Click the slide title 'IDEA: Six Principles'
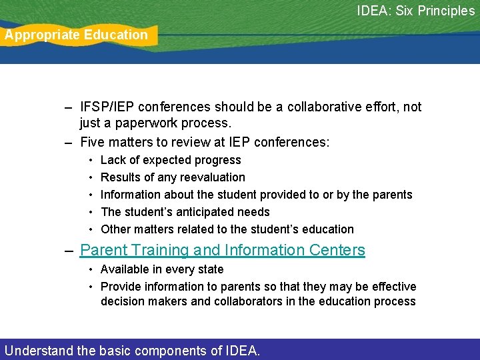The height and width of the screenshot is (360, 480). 415,11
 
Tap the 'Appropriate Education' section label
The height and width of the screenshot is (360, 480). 77,35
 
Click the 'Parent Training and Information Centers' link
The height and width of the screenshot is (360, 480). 223,250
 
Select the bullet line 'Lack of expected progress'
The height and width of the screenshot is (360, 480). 171,160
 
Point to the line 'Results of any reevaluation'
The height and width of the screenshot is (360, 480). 173,177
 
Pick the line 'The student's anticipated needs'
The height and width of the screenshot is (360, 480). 185,212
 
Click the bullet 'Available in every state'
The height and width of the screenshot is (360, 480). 162,269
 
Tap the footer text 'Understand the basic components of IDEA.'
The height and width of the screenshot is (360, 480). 132,350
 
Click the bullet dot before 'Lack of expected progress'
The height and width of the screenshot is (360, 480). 90,161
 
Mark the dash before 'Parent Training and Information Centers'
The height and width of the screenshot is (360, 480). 69,251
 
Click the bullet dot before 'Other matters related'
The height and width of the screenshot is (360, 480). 90,230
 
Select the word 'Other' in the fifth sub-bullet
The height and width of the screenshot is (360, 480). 115,229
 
